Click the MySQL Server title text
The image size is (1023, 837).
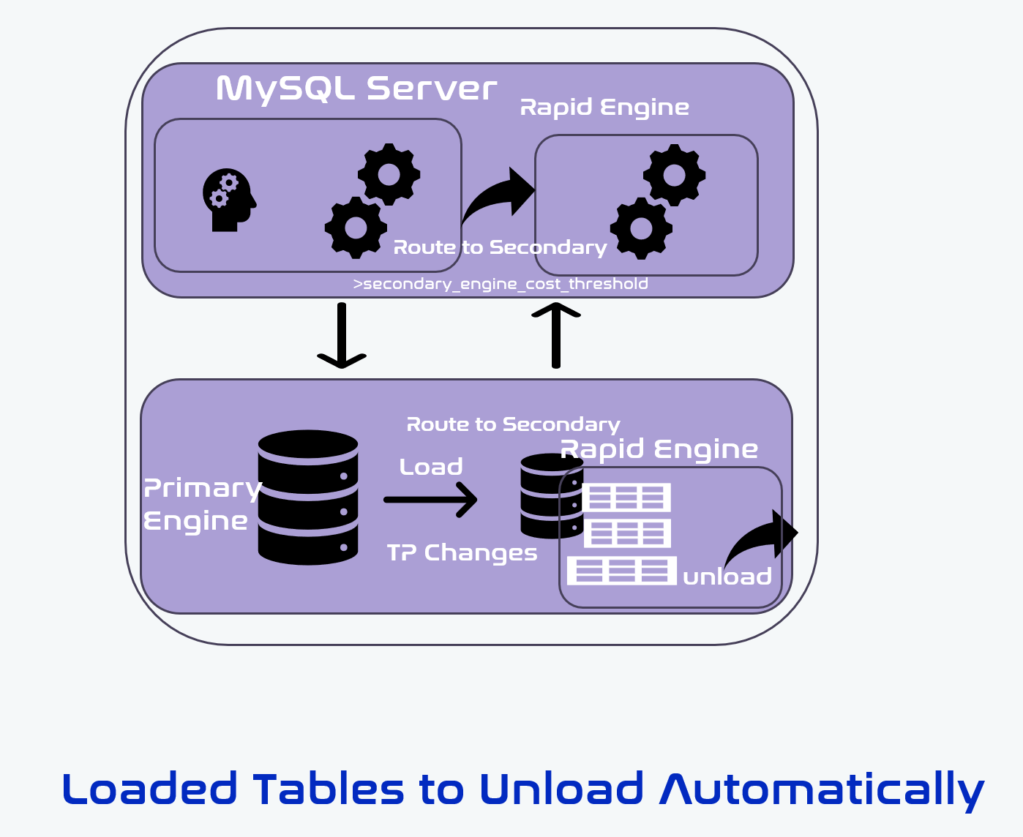coord(356,89)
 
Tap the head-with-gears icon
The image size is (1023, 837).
coord(228,200)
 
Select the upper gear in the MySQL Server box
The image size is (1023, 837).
coord(389,174)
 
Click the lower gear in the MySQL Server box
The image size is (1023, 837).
coord(356,228)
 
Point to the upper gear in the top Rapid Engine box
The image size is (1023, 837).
coord(674,175)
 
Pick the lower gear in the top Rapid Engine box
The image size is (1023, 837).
coord(641,228)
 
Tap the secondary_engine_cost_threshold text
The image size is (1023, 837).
coord(501,284)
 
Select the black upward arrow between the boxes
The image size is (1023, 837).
coord(556,335)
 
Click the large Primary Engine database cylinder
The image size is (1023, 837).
coord(308,498)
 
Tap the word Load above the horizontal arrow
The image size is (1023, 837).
coord(431,467)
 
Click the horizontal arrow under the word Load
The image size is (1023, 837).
coord(431,500)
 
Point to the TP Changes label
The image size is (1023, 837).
coord(462,552)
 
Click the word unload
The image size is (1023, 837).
coord(727,577)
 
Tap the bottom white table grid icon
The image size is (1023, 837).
coord(621,571)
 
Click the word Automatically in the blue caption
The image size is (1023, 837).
coord(822,790)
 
